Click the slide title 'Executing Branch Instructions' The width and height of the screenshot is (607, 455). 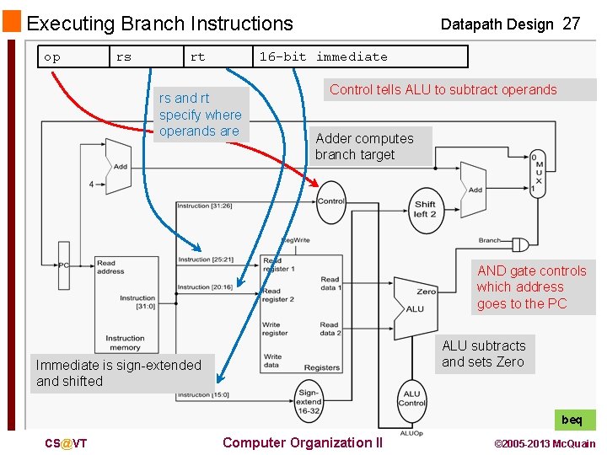[x=160, y=24]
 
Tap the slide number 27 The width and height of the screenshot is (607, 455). [x=571, y=24]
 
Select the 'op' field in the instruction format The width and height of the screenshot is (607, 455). [x=52, y=56]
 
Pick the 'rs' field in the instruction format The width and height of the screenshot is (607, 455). [x=124, y=56]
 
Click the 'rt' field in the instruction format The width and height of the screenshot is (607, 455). [x=197, y=56]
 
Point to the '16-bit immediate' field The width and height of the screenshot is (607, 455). [x=324, y=56]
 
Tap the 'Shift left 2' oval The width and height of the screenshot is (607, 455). [x=425, y=208]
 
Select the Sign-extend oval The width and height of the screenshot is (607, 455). [x=308, y=400]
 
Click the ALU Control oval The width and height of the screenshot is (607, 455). [x=411, y=398]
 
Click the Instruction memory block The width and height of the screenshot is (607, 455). [x=125, y=303]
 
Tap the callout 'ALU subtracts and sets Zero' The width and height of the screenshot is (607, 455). [x=483, y=354]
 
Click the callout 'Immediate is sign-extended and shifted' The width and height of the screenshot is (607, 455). [x=118, y=372]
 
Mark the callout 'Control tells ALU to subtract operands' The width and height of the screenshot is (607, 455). [x=443, y=89]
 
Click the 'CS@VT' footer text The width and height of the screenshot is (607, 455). [x=67, y=443]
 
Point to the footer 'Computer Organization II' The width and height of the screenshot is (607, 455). [x=302, y=442]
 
